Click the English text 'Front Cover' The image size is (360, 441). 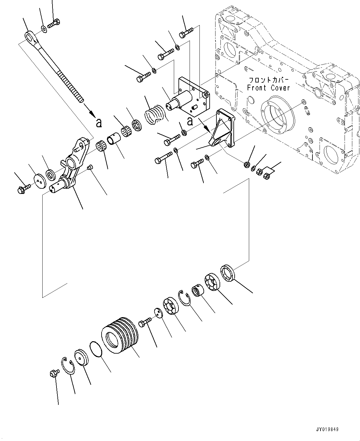pyautogui.click(x=268, y=88)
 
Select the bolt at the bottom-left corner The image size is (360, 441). pyautogui.click(x=53, y=373)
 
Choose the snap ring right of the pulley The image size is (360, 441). pyautogui.click(x=185, y=298)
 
